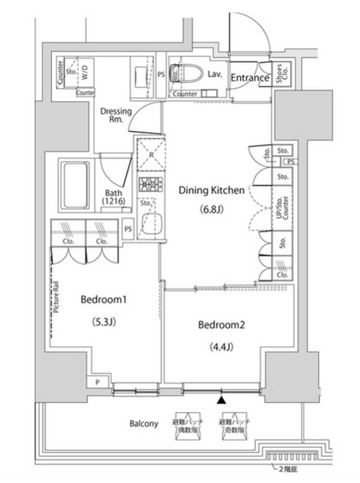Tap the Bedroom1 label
pos(104,300)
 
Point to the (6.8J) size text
pos(211,210)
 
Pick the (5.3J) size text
pos(104,322)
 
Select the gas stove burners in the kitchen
pos(150,184)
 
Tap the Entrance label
pos(250,77)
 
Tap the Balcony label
pos(144,423)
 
